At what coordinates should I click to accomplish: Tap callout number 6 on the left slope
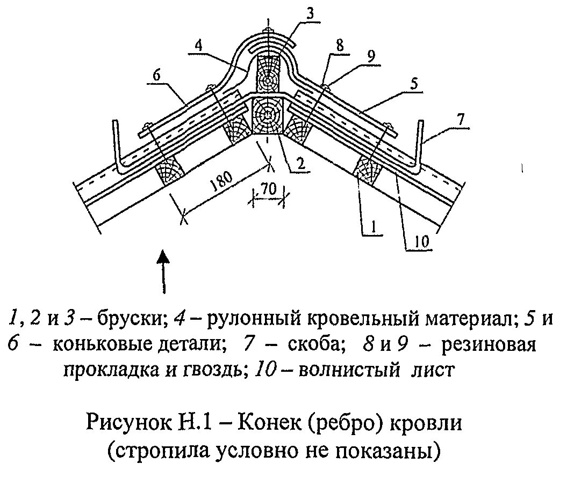(156, 76)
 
